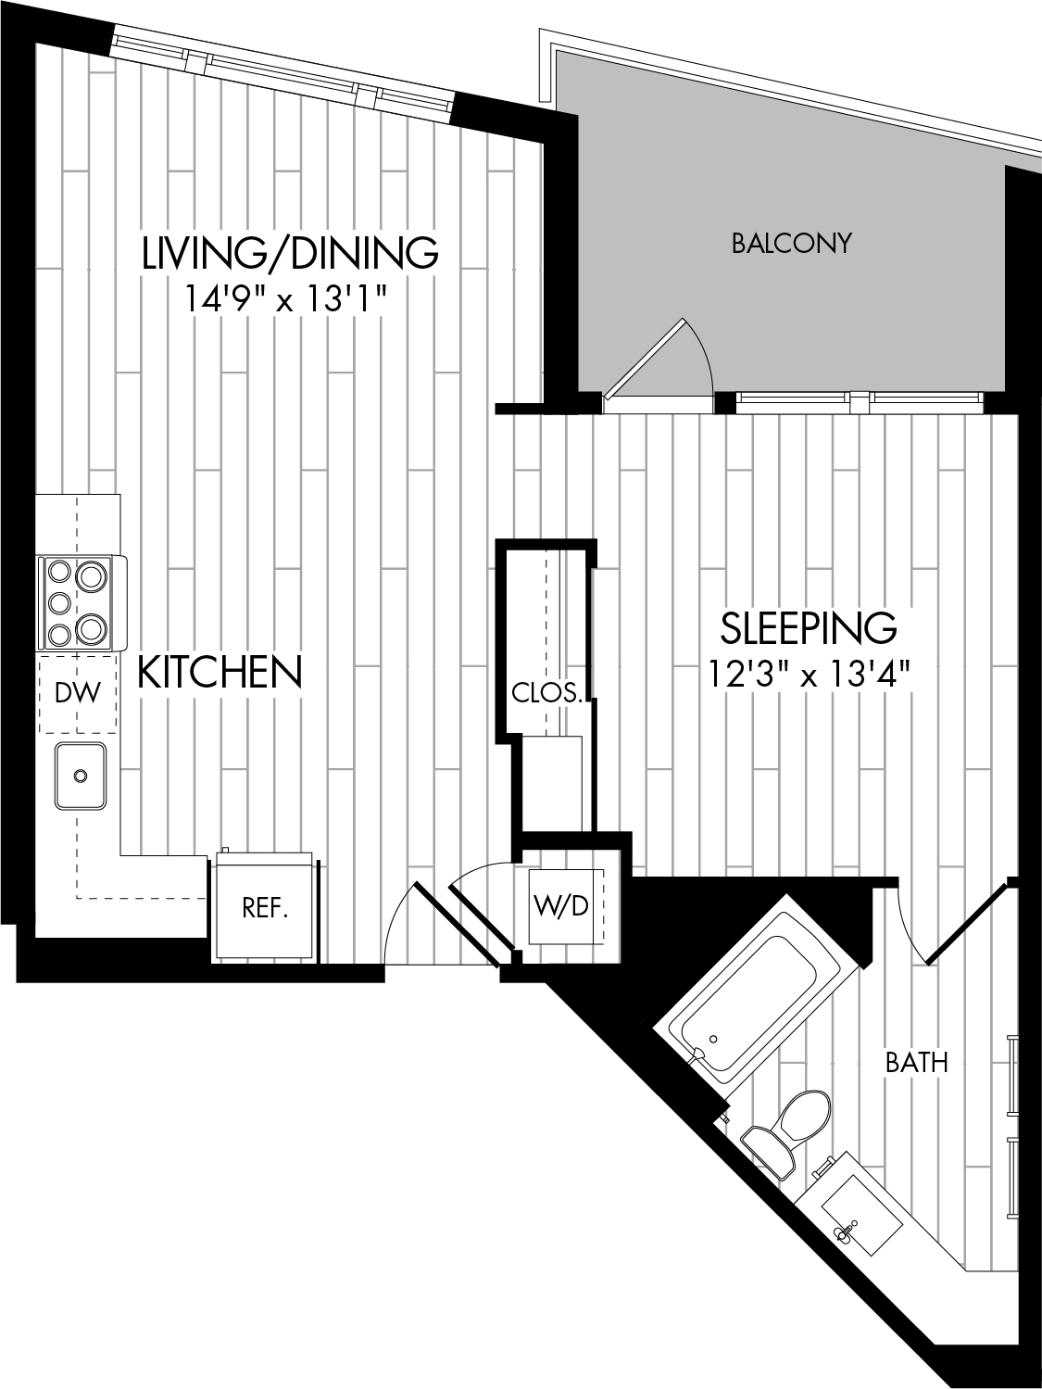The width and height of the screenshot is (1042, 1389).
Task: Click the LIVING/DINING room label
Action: tap(290, 252)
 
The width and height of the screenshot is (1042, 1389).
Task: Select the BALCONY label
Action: tap(792, 243)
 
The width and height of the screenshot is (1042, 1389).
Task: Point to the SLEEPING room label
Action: tap(809, 627)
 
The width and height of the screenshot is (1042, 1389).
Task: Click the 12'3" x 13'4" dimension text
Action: tap(810, 673)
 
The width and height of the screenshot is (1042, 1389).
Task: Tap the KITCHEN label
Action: tap(220, 672)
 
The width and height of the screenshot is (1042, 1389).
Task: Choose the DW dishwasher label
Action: tap(78, 693)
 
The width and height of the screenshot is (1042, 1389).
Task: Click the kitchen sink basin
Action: tap(81, 776)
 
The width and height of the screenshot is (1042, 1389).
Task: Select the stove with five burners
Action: tap(82, 603)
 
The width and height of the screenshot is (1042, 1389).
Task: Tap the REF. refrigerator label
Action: tap(265, 908)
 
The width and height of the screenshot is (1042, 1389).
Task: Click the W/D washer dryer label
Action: tap(561, 906)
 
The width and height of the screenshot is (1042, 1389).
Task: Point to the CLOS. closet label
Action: tap(546, 694)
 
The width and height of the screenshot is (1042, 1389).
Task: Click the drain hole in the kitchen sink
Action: tap(81, 776)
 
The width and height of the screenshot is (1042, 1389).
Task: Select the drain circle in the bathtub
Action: tap(714, 1039)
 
